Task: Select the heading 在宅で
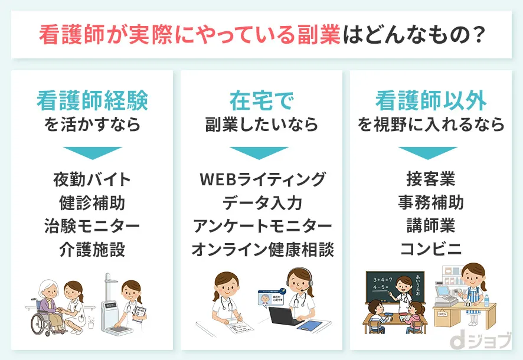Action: (x=261, y=101)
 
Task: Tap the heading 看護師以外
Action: (x=432, y=101)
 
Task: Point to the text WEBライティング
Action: (x=262, y=179)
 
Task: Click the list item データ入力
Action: (x=262, y=202)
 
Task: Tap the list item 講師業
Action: (x=431, y=226)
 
